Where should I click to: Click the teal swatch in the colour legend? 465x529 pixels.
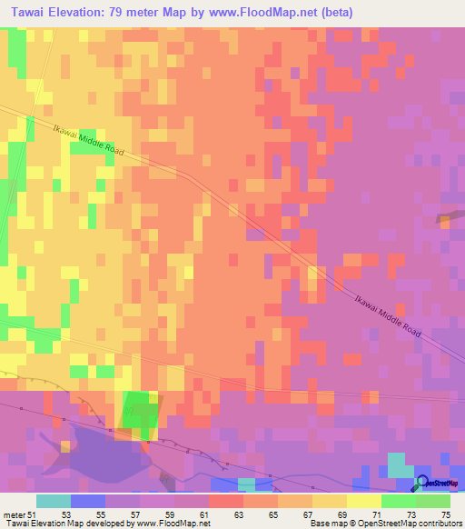click(x=54, y=501)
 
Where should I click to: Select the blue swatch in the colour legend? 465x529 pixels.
click(x=88, y=501)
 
